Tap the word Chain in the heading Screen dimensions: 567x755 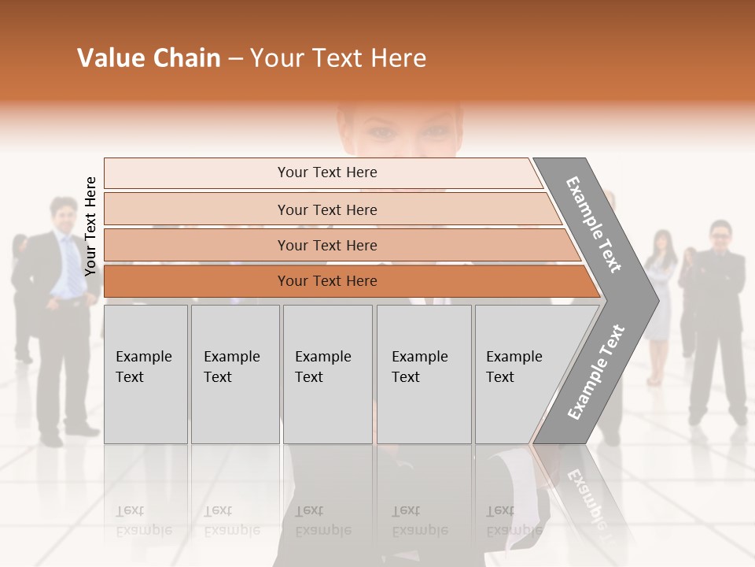[186, 58]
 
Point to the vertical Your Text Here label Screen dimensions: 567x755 [90, 227]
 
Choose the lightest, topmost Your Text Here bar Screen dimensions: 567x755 [326, 172]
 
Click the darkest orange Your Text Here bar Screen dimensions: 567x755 [326, 281]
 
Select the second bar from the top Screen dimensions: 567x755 [326, 209]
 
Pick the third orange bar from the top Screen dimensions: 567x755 [326, 246]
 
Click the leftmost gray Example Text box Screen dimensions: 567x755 [145, 374]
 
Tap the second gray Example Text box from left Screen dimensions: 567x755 [235, 374]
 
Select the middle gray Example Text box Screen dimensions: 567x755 [327, 374]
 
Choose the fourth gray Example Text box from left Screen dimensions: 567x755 [424, 374]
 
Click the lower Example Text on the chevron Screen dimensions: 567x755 [596, 372]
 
